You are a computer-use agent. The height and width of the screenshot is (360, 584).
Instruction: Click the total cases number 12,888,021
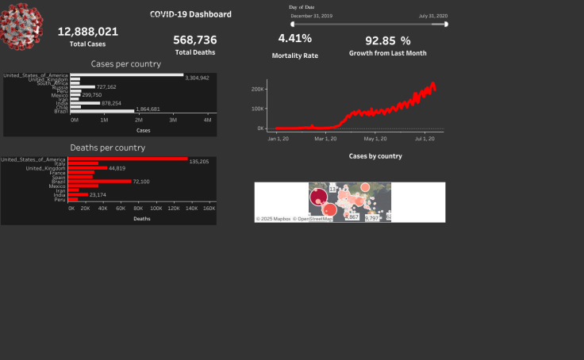pyautogui.click(x=88, y=32)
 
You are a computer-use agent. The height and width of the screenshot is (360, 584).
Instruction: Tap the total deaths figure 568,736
pyautogui.click(x=195, y=40)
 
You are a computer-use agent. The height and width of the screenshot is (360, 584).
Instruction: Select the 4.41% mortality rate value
pyautogui.click(x=294, y=38)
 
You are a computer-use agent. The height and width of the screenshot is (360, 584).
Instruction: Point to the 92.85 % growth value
pyautogui.click(x=387, y=40)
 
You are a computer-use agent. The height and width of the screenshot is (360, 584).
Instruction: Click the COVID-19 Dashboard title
pyautogui.click(x=190, y=14)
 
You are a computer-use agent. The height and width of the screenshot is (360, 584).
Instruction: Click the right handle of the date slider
pyautogui.click(x=446, y=25)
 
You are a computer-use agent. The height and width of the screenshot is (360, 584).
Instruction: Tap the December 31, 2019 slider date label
pyautogui.click(x=312, y=16)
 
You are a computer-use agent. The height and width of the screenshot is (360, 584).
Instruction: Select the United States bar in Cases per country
pyautogui.click(x=126, y=75)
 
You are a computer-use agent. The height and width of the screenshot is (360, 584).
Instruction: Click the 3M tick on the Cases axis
pyautogui.click(x=174, y=120)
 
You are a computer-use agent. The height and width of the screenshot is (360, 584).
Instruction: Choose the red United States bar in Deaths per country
pyautogui.click(x=127, y=159)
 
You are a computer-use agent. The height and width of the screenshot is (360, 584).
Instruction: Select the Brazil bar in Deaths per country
pyautogui.click(x=99, y=182)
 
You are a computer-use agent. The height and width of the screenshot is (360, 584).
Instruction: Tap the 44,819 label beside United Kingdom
pyautogui.click(x=117, y=168)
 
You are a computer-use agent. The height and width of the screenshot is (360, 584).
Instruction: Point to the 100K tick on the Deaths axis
pyautogui.click(x=156, y=209)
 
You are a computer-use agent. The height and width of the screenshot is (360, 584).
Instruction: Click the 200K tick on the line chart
pyautogui.click(x=257, y=89)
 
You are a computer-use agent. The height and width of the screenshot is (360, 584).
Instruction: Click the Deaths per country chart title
pyautogui.click(x=107, y=147)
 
